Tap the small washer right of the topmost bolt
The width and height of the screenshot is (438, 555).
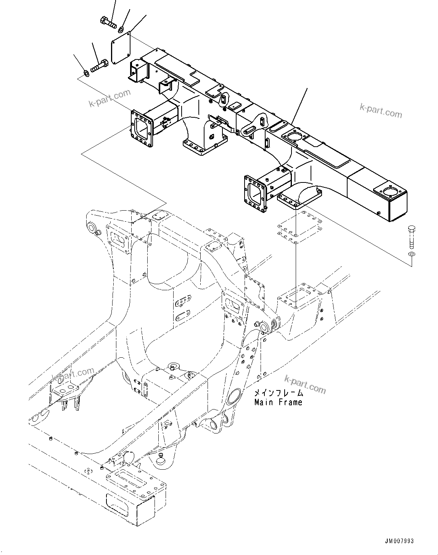(x=121, y=28)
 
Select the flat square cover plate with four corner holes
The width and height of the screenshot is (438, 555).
(x=120, y=48)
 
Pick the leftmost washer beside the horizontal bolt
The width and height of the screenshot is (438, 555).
(x=86, y=72)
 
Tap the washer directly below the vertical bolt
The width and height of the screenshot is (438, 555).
(x=411, y=254)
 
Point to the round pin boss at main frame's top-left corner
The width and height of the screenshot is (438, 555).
(x=93, y=228)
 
